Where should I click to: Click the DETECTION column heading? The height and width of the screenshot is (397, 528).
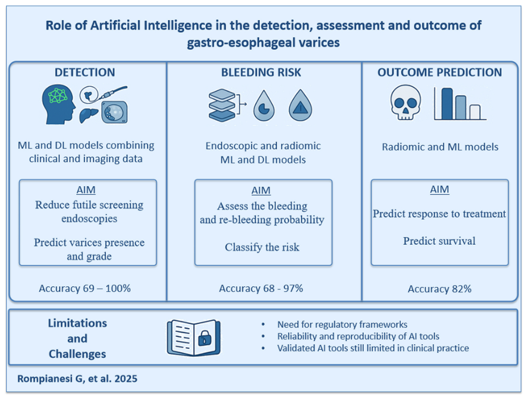point(84,73)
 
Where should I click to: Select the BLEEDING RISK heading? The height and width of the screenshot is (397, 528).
point(261,73)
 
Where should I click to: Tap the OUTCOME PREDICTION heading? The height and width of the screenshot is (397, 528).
point(439,73)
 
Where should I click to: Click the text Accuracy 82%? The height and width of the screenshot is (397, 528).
point(439,289)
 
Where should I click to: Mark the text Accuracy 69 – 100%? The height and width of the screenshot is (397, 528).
point(84,288)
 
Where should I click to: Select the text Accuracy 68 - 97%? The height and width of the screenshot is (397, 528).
point(261,288)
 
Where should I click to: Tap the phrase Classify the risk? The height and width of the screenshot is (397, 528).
point(262,247)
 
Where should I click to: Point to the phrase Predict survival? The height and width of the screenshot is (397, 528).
point(439,241)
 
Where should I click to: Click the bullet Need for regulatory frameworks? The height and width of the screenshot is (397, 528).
point(342,324)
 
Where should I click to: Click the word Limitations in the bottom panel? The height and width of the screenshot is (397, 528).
point(77,323)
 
